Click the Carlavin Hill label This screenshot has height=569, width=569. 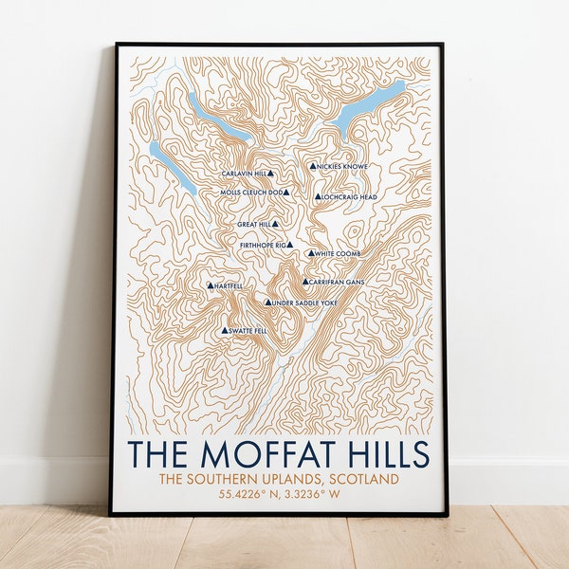tap(244, 174)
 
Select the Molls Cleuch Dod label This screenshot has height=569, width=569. tap(251, 193)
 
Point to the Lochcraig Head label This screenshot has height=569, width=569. tap(350, 197)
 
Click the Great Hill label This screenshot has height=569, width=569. tap(254, 225)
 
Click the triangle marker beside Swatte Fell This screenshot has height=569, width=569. tap(225, 331)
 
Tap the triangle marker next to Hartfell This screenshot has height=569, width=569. tap(210, 285)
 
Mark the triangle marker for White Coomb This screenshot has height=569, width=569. tap(310, 254)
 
